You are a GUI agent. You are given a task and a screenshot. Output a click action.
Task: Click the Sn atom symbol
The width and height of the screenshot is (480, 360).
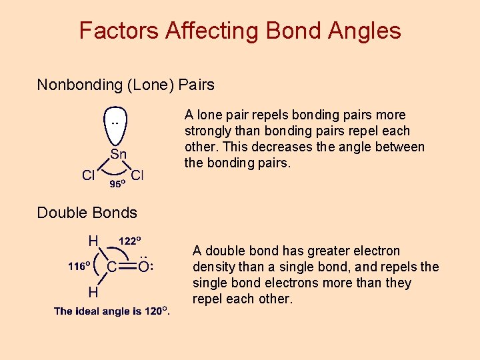coord(118,154)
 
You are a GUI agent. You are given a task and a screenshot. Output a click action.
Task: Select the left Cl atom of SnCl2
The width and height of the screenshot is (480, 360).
coord(88,175)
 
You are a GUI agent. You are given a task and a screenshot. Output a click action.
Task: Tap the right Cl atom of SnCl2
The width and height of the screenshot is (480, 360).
coord(137,175)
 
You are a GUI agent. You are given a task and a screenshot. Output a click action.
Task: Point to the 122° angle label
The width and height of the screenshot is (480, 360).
coord(133,240)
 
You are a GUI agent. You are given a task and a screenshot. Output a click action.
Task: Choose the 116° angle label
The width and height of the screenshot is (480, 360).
coord(81,266)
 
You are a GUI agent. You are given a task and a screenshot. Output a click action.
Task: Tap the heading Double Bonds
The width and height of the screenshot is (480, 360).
coord(87,213)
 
